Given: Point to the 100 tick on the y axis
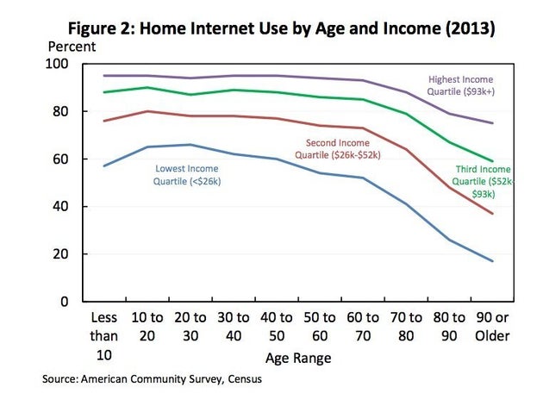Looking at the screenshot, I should point(67,65).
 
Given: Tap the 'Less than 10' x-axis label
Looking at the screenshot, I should point(103,335).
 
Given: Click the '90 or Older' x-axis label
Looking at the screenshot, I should point(492,326).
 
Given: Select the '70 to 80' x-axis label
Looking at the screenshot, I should point(406,326).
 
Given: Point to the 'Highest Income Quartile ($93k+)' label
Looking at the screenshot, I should point(461,84).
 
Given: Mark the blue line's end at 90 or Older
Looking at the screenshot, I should point(493,261).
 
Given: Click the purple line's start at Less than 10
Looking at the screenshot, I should point(103,76).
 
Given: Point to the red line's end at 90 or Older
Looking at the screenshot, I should point(493,214).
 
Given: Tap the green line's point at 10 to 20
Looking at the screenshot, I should point(147,87).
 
